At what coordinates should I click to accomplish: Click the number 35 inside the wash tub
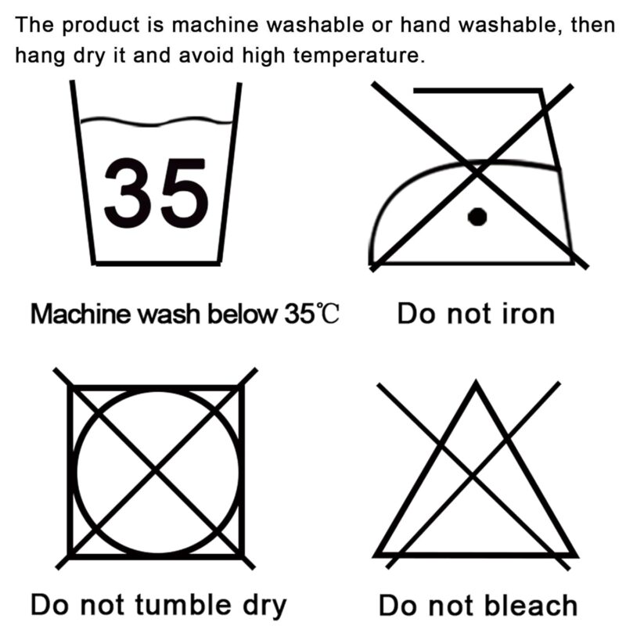tap(156, 193)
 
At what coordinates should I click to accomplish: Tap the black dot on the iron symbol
tap(477, 217)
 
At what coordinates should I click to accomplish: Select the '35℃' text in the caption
tap(311, 314)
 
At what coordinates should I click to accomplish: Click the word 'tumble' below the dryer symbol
tap(183, 604)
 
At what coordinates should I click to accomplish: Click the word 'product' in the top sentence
tap(101, 26)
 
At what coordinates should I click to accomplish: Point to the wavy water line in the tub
tap(156, 121)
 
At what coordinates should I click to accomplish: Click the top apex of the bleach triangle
tap(476, 381)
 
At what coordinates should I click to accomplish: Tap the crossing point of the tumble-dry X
tap(155, 468)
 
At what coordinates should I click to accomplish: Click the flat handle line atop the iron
tap(477, 91)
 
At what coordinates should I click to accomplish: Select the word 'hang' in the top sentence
tap(40, 56)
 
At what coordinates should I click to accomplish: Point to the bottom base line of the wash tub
tap(157, 264)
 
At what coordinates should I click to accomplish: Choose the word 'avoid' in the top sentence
tap(206, 55)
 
